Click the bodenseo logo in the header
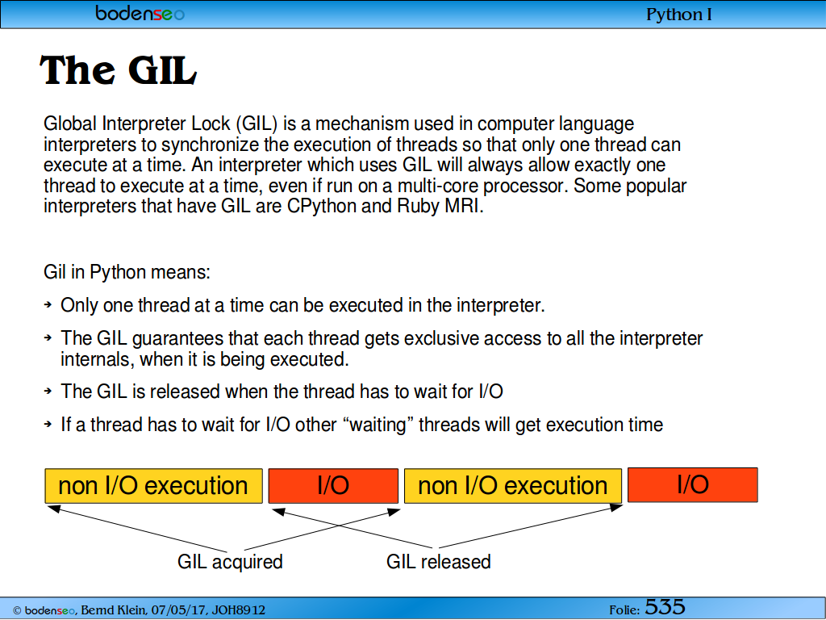(140, 13)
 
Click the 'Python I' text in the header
(678, 15)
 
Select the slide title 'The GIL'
(118, 70)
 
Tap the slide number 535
(665, 607)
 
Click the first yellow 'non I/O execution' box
(153, 485)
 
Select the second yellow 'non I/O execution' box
(512, 485)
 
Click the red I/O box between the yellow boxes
(333, 485)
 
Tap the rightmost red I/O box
(693, 484)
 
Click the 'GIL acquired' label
(230, 562)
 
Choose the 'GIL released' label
(438, 562)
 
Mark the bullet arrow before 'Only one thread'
(48, 304)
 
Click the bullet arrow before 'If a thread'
(48, 423)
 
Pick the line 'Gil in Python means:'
(127, 272)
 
